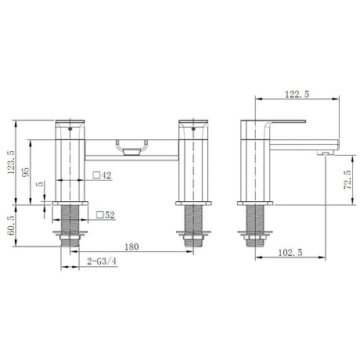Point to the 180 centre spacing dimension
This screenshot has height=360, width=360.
click(x=132, y=247)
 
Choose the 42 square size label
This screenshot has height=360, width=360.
click(x=108, y=177)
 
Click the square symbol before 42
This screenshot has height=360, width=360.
click(x=97, y=177)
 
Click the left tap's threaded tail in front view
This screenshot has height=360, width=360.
click(x=68, y=223)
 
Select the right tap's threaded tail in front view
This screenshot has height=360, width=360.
click(x=192, y=223)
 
